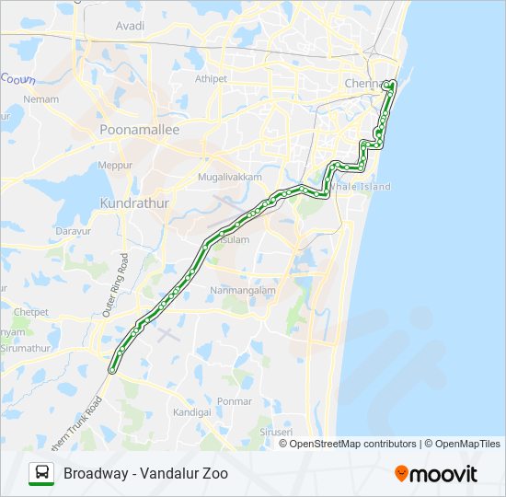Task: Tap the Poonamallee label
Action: [x=140, y=131]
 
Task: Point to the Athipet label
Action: [x=211, y=79]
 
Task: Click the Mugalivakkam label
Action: [x=231, y=176]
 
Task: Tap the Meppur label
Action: [x=116, y=165]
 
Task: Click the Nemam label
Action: [x=42, y=99]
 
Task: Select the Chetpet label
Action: [x=30, y=312]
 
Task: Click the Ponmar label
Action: [x=235, y=401]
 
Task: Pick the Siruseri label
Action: [x=275, y=432]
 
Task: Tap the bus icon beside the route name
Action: [x=42, y=474]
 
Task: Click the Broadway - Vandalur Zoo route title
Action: [x=145, y=474]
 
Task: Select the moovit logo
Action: [x=436, y=474]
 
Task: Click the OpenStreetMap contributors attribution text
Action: [x=353, y=444]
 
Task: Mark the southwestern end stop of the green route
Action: [x=112, y=370]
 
